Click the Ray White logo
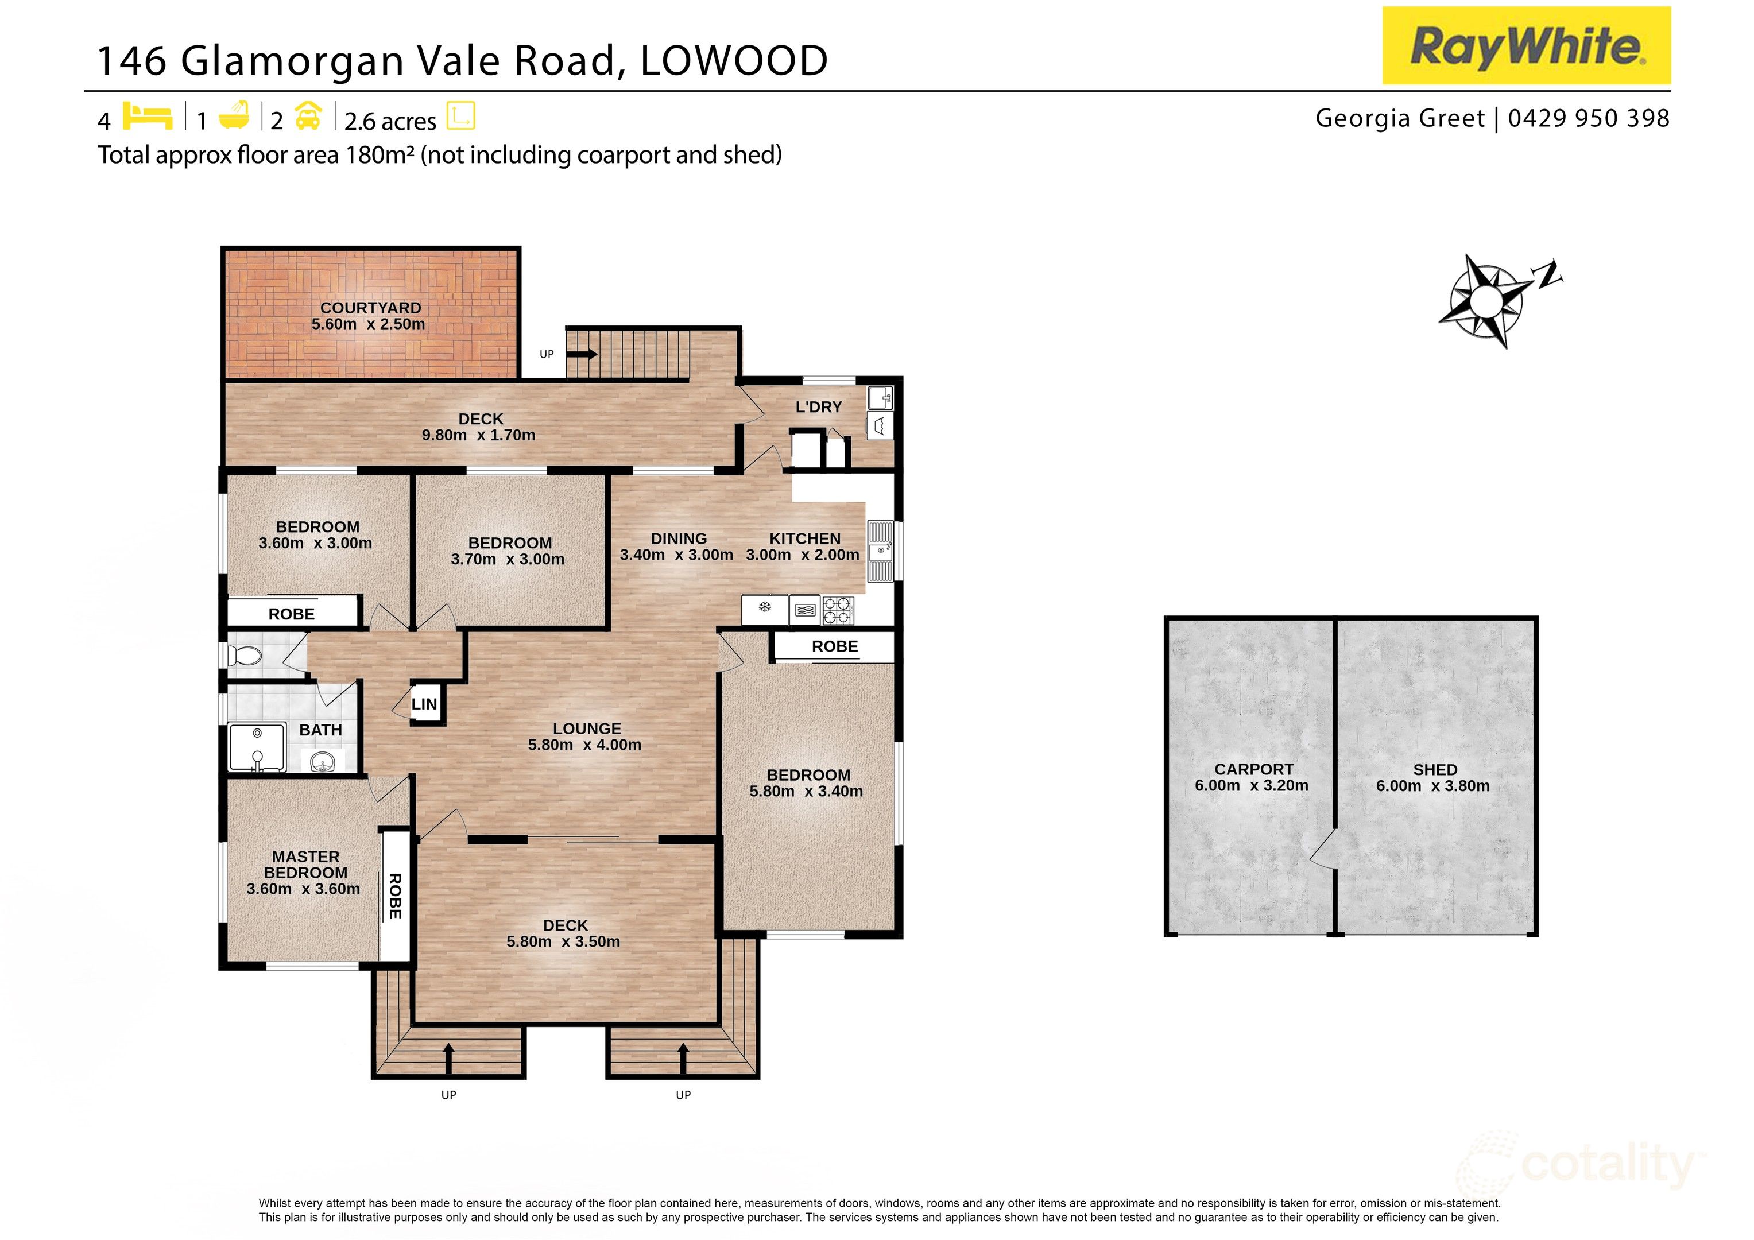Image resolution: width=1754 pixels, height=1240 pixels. pos(1525,46)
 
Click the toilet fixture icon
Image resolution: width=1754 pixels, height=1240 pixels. pos(246,656)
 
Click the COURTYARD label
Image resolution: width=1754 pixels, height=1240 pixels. pos(370,308)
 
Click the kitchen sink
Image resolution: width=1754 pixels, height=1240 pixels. pos(881,550)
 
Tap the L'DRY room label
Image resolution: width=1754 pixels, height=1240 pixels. pos(818,407)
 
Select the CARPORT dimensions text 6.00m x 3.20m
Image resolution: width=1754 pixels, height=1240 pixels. pos(1251,785)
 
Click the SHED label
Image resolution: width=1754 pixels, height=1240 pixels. pos(1435,769)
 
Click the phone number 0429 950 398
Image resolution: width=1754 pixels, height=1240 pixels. pos(1588,118)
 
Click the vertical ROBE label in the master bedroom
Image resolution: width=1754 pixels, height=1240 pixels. pos(395,896)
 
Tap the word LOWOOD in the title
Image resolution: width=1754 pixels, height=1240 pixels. pos(733,60)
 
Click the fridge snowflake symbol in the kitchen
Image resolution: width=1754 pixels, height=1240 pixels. pos(764,608)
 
